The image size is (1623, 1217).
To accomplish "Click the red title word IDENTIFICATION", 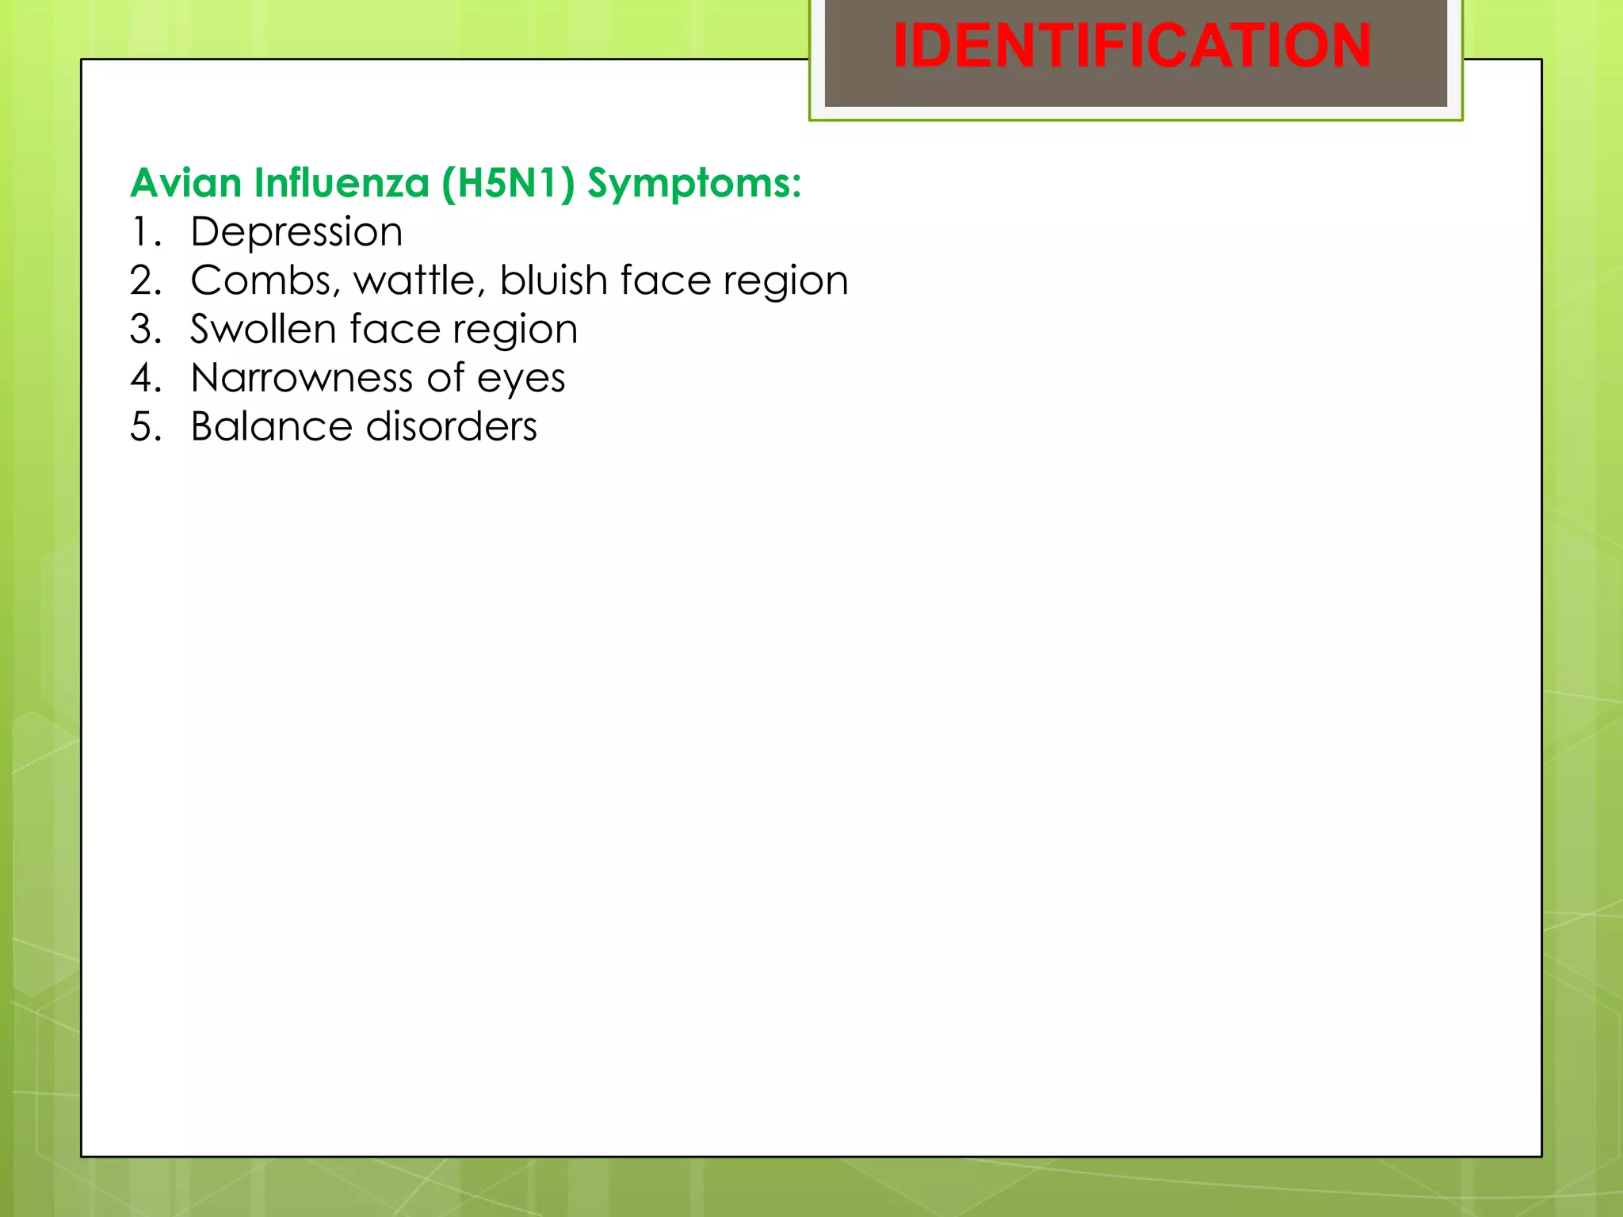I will pos(1132,46).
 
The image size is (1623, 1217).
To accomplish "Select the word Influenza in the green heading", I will pos(342,183).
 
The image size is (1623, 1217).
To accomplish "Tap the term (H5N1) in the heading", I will pos(508,183).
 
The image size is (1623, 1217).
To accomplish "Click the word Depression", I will pos(296,233).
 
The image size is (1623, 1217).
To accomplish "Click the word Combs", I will pos(265,281).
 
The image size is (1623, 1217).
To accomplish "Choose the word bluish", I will pos(553,281).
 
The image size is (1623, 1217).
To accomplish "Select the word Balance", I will pos(270,427).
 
